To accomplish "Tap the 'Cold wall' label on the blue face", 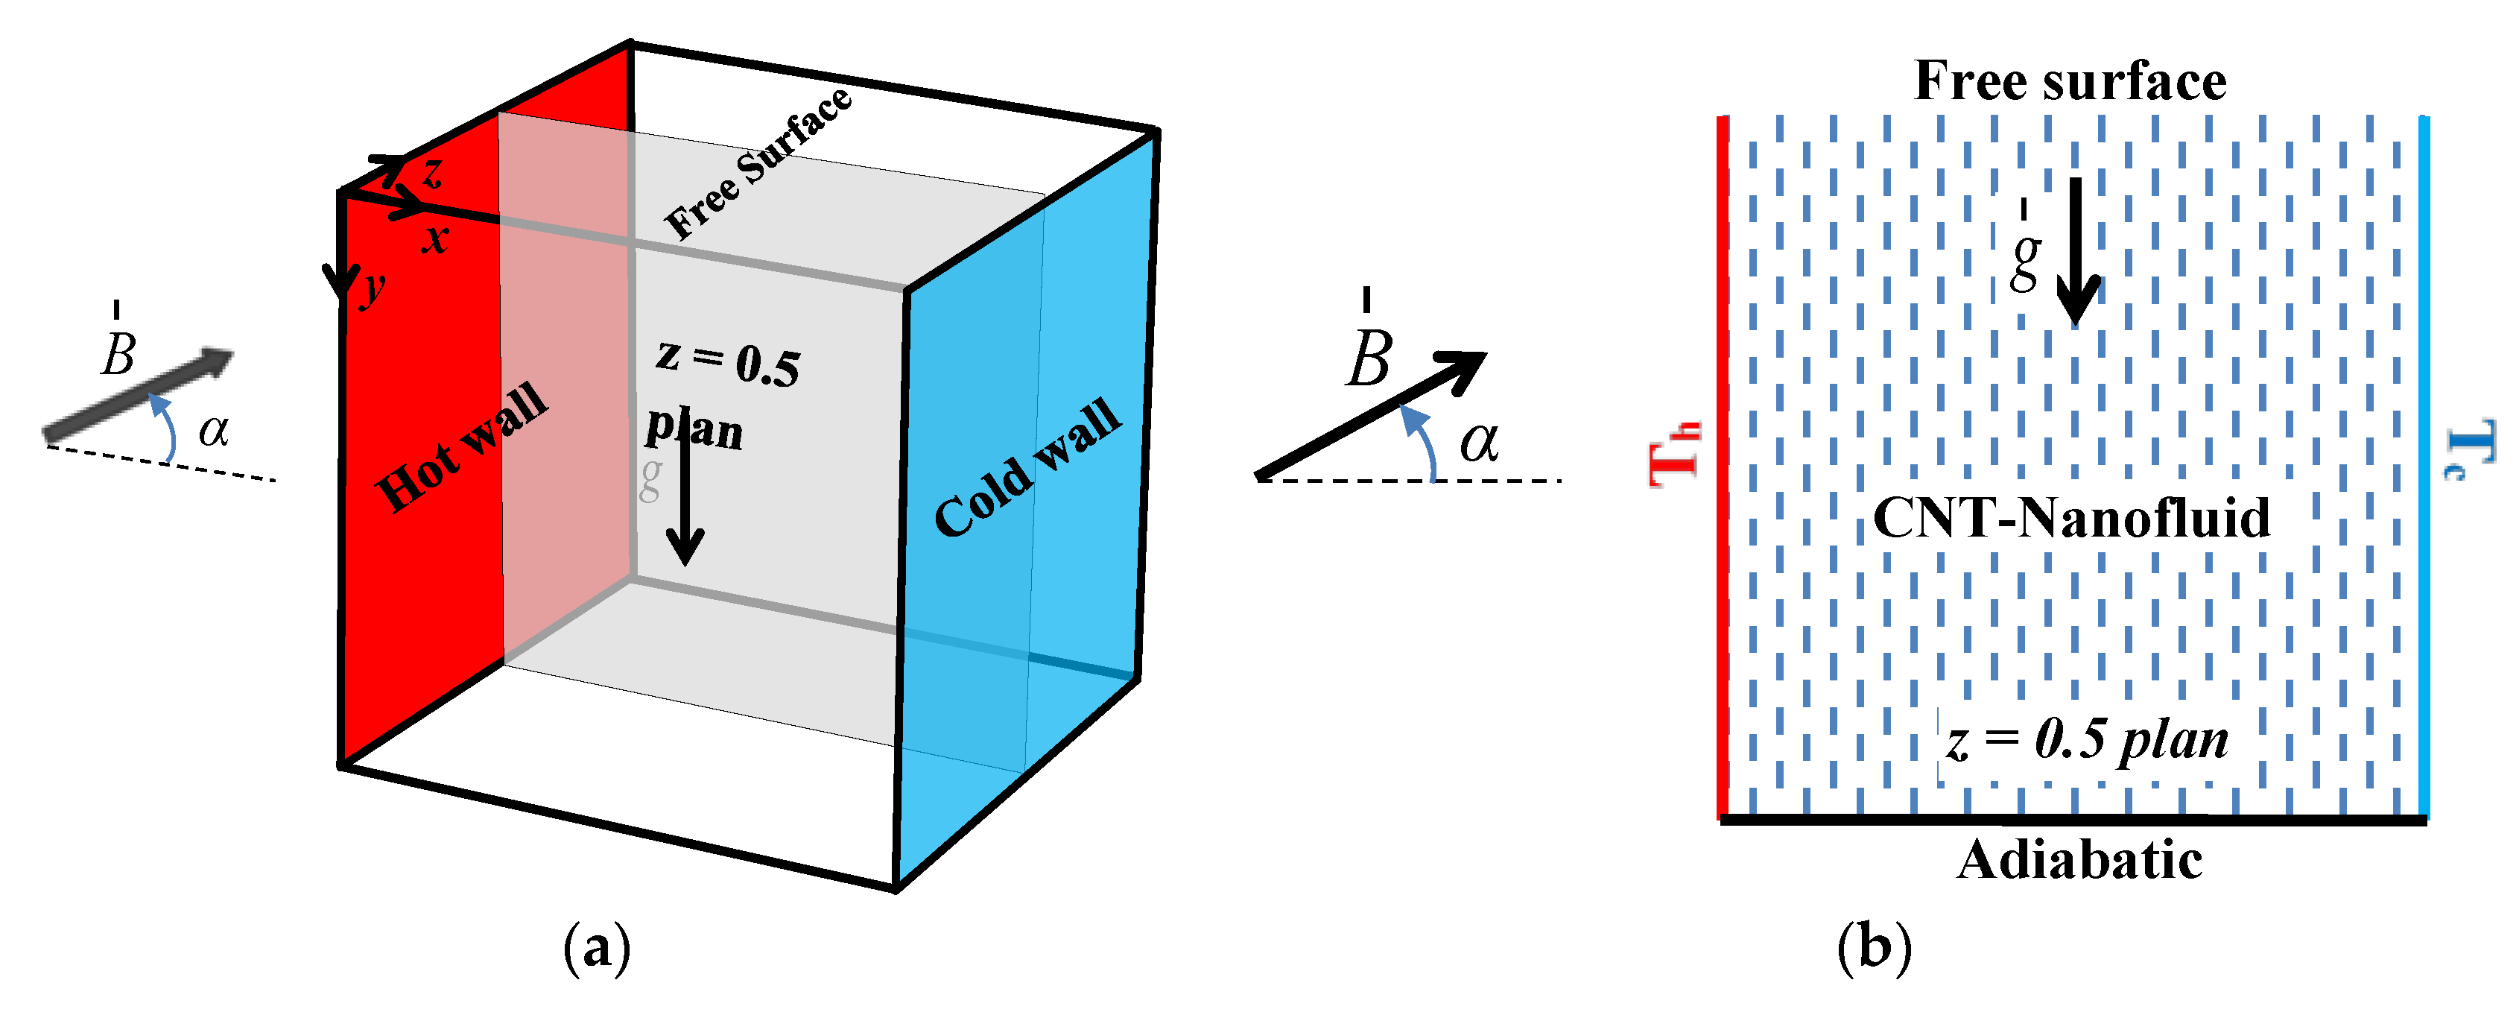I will coord(1027,467).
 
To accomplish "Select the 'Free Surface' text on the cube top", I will coord(758,163).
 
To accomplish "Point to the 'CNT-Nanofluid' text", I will coord(2071,517).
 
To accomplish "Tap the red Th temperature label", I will coord(1674,454).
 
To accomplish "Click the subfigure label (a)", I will coord(597,946).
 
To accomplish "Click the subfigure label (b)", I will coord(1874,946).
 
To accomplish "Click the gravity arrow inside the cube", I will coord(685,489).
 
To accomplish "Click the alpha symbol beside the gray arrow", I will coord(213,430).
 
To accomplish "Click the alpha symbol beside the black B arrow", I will coord(1478,442).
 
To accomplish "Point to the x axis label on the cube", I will coord(435,238).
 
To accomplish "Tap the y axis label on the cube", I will coord(373,289).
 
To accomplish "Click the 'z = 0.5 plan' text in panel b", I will coord(2087,740).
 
